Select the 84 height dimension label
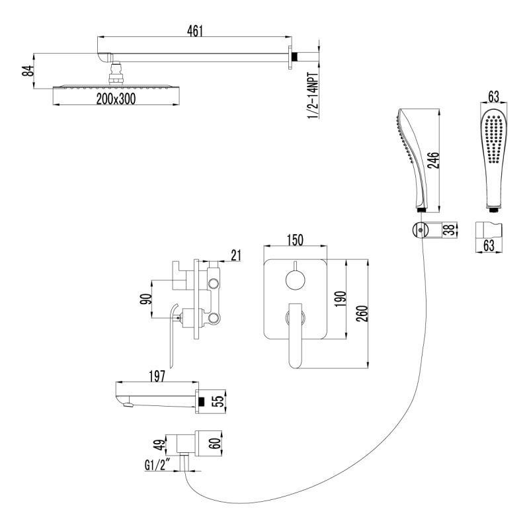28,70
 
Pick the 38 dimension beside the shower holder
449,231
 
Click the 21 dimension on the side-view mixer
235,255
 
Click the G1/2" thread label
159,466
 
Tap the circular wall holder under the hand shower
418,231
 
